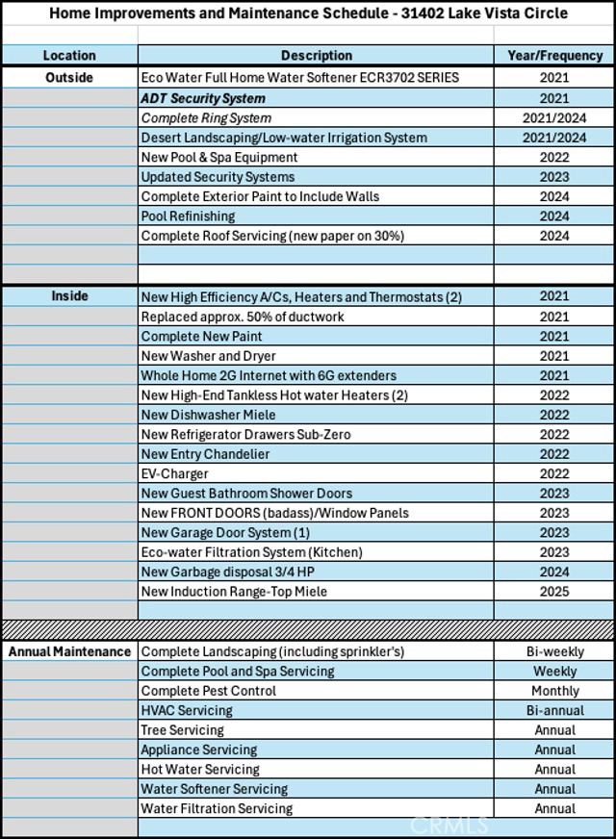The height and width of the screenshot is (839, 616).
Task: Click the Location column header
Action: click(69, 56)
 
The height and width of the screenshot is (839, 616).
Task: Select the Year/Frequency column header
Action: click(554, 56)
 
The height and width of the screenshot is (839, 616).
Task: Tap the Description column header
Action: click(316, 56)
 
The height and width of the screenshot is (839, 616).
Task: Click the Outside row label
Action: click(69, 77)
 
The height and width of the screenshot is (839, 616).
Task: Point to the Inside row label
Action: click(69, 296)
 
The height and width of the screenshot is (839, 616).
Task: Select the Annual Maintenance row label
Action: click(69, 651)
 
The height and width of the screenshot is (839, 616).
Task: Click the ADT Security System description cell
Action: click(203, 98)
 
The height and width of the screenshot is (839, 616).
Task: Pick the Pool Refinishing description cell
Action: click(188, 216)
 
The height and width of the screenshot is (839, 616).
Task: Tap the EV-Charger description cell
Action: click(174, 473)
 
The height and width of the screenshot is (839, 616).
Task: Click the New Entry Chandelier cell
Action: click(205, 454)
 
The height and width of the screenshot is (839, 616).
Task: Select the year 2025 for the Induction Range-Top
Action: click(554, 592)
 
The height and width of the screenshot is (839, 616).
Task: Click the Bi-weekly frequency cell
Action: click(554, 651)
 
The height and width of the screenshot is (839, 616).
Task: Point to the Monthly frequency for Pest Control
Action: click(554, 691)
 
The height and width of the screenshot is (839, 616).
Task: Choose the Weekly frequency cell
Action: click(554, 671)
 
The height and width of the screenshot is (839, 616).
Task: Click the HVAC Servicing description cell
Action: click(187, 710)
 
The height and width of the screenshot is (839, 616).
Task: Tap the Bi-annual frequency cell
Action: click(554, 710)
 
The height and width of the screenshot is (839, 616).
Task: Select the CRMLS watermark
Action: click(449, 825)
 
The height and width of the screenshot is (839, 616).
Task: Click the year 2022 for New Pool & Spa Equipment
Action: click(554, 157)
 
